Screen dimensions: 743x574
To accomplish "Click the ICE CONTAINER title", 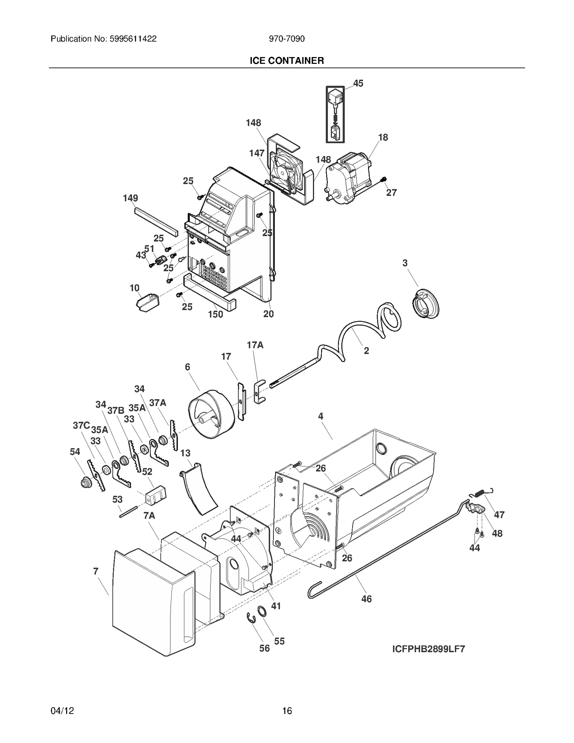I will point(287,61).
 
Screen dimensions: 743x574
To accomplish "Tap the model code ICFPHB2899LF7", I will point(428,659).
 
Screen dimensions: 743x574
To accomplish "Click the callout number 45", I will point(358,83).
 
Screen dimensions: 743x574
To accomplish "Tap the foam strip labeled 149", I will point(156,221).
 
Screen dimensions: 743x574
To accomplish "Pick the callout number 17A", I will point(255,345).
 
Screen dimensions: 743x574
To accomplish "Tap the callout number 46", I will point(366,598).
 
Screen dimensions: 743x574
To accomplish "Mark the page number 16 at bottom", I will point(287,711).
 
